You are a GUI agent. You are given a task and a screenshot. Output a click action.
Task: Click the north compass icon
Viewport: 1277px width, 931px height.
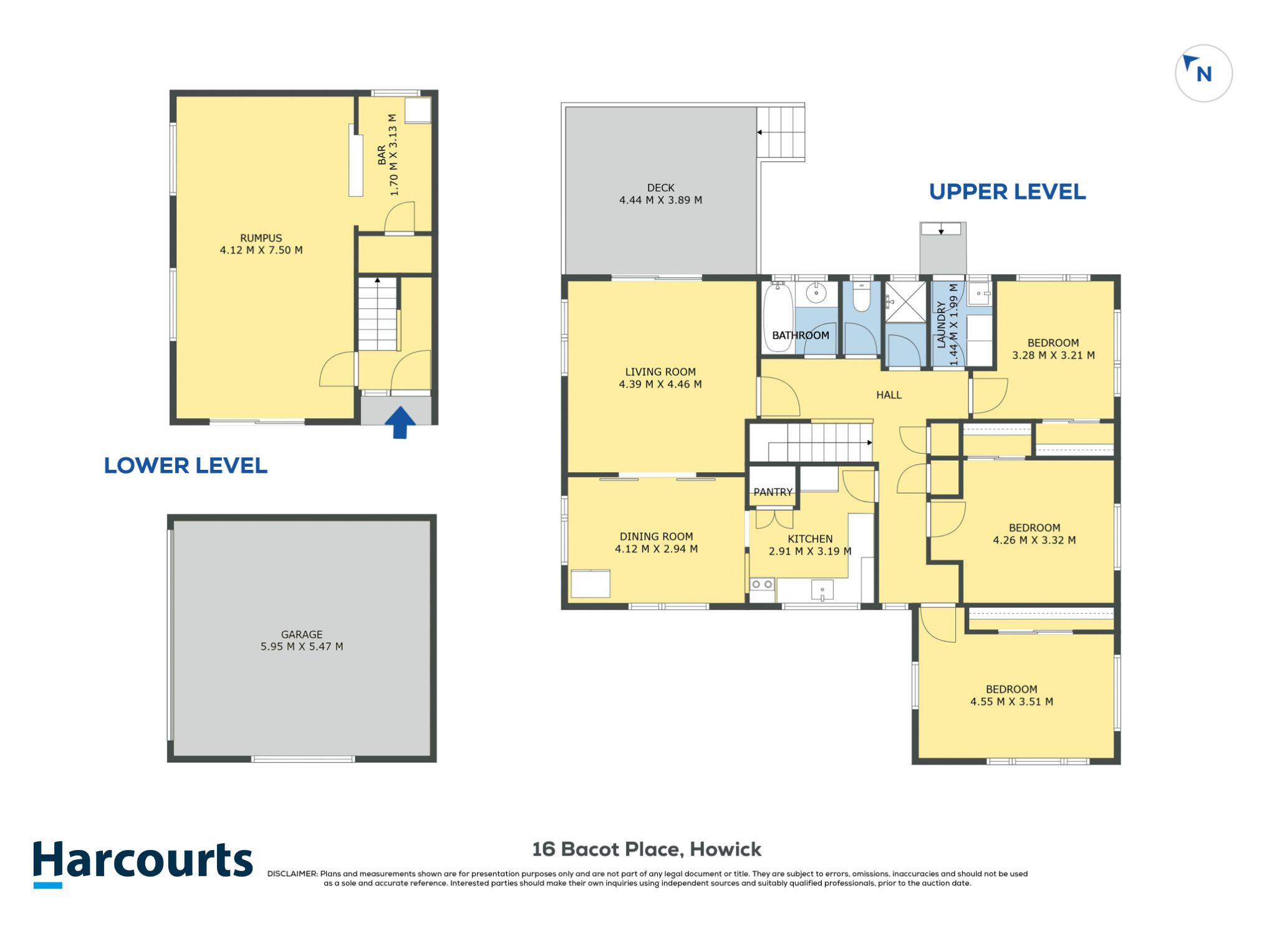point(1203,73)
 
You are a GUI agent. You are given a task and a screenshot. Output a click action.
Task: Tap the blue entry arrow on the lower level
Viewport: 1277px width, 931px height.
point(400,423)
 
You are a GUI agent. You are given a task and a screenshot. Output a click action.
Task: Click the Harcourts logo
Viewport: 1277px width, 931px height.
point(143,863)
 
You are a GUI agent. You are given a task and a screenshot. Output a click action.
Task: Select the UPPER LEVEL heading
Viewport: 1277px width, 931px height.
point(1007,192)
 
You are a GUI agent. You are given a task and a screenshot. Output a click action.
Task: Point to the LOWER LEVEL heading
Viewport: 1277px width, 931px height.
point(185,465)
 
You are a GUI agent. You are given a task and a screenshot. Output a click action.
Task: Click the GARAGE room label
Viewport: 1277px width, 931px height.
point(302,634)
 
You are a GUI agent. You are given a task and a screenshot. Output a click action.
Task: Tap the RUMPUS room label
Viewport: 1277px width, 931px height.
point(261,238)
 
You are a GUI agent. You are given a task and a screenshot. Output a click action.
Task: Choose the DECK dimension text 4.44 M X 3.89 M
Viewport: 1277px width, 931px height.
point(660,200)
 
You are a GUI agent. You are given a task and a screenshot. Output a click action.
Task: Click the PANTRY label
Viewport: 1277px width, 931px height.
point(773,492)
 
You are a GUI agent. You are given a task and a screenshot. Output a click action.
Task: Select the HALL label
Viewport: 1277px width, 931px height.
point(889,394)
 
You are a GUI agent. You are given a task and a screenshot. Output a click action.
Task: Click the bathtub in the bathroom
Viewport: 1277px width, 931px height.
point(778,317)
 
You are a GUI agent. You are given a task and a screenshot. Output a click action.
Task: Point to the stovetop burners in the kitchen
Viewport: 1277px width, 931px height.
point(762,584)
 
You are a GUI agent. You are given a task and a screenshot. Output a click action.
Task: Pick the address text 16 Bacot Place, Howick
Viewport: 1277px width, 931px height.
point(647,849)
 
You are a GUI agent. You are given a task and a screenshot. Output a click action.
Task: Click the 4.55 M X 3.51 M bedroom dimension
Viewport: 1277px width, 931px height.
point(1011,702)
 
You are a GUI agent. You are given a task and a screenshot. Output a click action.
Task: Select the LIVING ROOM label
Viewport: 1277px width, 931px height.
point(660,372)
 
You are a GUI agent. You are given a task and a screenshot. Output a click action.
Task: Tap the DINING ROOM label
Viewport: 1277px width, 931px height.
point(656,537)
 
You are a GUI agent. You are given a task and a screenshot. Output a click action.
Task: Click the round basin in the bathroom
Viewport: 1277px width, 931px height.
point(816,292)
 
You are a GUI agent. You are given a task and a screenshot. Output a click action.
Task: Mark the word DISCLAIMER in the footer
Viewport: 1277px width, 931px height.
point(292,874)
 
